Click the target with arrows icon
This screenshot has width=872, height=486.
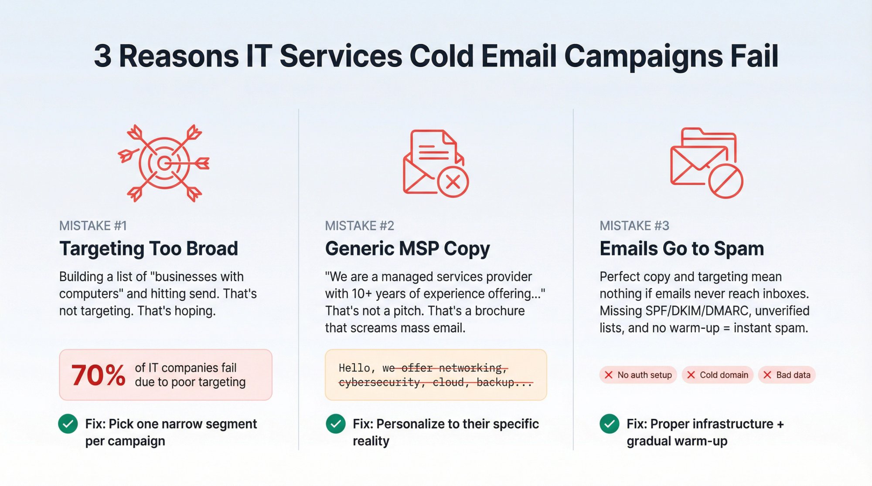164,163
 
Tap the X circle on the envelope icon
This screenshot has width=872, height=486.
453,182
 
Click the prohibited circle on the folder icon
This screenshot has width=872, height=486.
725,181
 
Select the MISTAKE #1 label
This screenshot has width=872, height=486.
93,226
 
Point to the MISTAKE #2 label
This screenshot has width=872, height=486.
359,226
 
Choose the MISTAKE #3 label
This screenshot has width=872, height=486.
634,226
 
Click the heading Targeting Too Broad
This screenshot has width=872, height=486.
149,249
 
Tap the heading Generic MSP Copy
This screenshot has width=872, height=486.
407,249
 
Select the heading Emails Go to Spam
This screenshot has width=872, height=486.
681,249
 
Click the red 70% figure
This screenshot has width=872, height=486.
99,375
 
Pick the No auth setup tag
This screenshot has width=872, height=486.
638,375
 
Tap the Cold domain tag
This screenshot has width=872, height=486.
717,375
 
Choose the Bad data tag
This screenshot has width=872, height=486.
787,375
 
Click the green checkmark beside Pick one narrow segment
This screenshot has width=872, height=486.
68,424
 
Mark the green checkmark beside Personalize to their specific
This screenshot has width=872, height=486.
335,424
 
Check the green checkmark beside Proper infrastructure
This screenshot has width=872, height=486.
609,424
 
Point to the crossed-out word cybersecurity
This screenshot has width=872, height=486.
379,382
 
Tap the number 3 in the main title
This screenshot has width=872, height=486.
102,56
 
